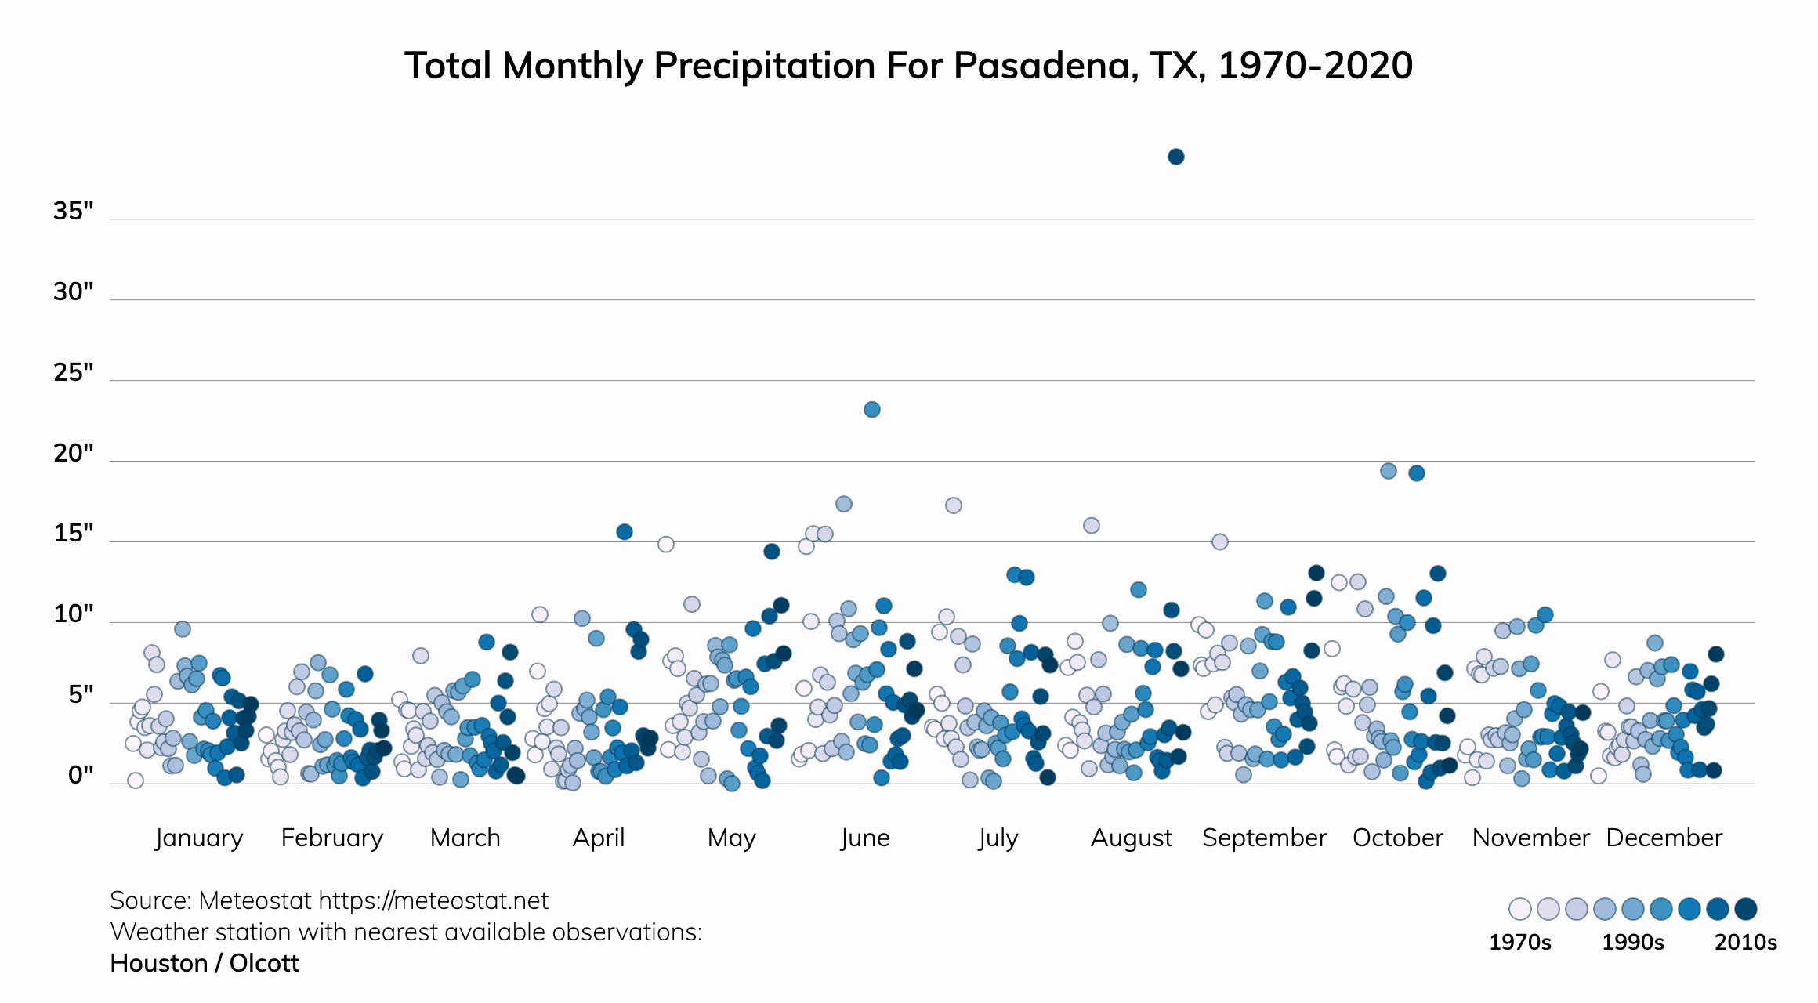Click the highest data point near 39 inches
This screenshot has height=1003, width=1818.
(x=1175, y=157)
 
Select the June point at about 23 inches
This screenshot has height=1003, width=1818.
(x=871, y=409)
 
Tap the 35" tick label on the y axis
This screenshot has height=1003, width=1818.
(x=73, y=211)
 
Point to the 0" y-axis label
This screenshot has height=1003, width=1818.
(x=80, y=775)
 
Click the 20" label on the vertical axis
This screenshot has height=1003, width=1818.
(x=73, y=453)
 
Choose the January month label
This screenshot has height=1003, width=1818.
(x=199, y=838)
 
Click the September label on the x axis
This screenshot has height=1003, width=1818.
(x=1264, y=838)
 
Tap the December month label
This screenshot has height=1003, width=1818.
(x=1664, y=838)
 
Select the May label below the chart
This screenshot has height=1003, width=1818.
(x=731, y=838)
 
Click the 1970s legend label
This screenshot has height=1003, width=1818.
(x=1519, y=942)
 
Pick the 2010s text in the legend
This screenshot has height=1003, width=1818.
(x=1745, y=942)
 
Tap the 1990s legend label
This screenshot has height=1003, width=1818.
(x=1632, y=942)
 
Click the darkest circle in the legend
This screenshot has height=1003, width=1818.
(x=1745, y=909)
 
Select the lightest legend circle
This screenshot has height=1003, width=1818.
(x=1519, y=909)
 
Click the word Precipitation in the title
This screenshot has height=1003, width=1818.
(x=766, y=66)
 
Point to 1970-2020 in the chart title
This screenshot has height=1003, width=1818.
(x=1315, y=66)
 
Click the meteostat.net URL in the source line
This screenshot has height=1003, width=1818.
(x=433, y=900)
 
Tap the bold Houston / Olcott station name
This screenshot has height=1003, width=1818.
(x=205, y=963)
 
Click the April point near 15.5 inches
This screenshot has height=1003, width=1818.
(x=624, y=532)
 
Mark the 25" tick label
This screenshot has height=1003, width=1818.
(x=73, y=372)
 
